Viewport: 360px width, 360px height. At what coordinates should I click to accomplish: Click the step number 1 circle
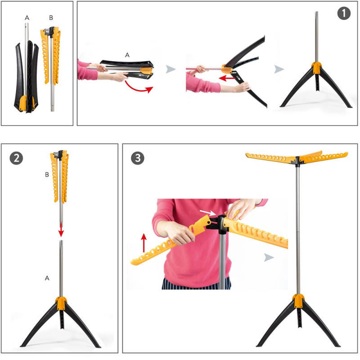pyautogui.click(x=344, y=13)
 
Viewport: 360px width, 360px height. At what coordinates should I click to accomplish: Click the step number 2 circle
pyautogui.click(x=16, y=158)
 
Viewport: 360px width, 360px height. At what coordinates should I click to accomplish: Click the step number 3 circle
pyautogui.click(x=138, y=158)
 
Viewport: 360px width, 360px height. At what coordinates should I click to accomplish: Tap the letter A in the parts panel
pyautogui.click(x=27, y=18)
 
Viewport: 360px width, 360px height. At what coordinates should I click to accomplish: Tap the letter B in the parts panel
pyautogui.click(x=51, y=18)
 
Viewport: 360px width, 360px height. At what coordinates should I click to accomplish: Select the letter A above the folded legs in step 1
pyautogui.click(x=127, y=55)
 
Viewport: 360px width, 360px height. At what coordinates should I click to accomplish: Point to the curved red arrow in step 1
pyautogui.click(x=139, y=87)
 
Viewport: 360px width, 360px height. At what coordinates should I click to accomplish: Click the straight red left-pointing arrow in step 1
pyautogui.click(x=227, y=78)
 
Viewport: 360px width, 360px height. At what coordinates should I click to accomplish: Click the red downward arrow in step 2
pyautogui.click(x=61, y=230)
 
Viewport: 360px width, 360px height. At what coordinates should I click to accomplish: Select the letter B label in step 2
pyautogui.click(x=47, y=175)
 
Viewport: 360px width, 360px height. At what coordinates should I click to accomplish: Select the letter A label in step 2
pyautogui.click(x=47, y=278)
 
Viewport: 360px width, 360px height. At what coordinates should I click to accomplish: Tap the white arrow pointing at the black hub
pyautogui.click(x=207, y=212)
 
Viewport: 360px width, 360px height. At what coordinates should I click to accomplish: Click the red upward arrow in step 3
pyautogui.click(x=144, y=243)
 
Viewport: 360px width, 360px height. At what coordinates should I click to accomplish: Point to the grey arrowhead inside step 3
pyautogui.click(x=269, y=257)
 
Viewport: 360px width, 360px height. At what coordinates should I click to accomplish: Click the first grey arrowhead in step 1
pyautogui.click(x=171, y=69)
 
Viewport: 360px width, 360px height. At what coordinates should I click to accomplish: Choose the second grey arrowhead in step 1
pyautogui.click(x=279, y=69)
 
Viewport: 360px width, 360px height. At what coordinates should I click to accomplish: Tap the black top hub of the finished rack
pyautogui.click(x=297, y=160)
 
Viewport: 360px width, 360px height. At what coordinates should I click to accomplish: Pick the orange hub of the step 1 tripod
pyautogui.click(x=317, y=68)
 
